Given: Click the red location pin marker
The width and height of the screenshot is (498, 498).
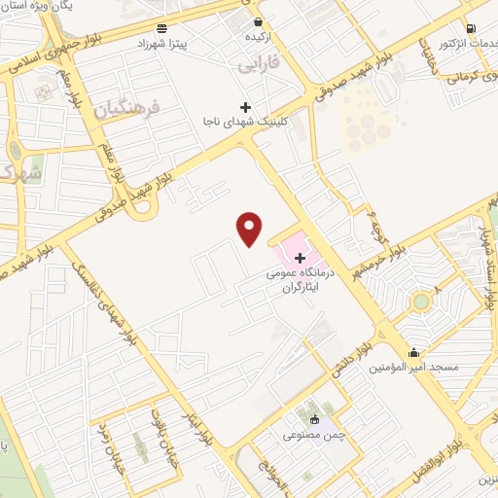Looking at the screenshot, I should (x=250, y=228).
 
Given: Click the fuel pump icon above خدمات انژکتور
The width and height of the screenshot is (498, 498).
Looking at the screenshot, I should (x=471, y=28).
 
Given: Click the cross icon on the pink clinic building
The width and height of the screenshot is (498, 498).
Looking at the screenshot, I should (x=300, y=258).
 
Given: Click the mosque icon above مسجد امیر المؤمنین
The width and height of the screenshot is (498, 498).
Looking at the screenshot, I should (x=415, y=352).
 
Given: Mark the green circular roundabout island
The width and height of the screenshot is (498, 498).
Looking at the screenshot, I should (x=421, y=301).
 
